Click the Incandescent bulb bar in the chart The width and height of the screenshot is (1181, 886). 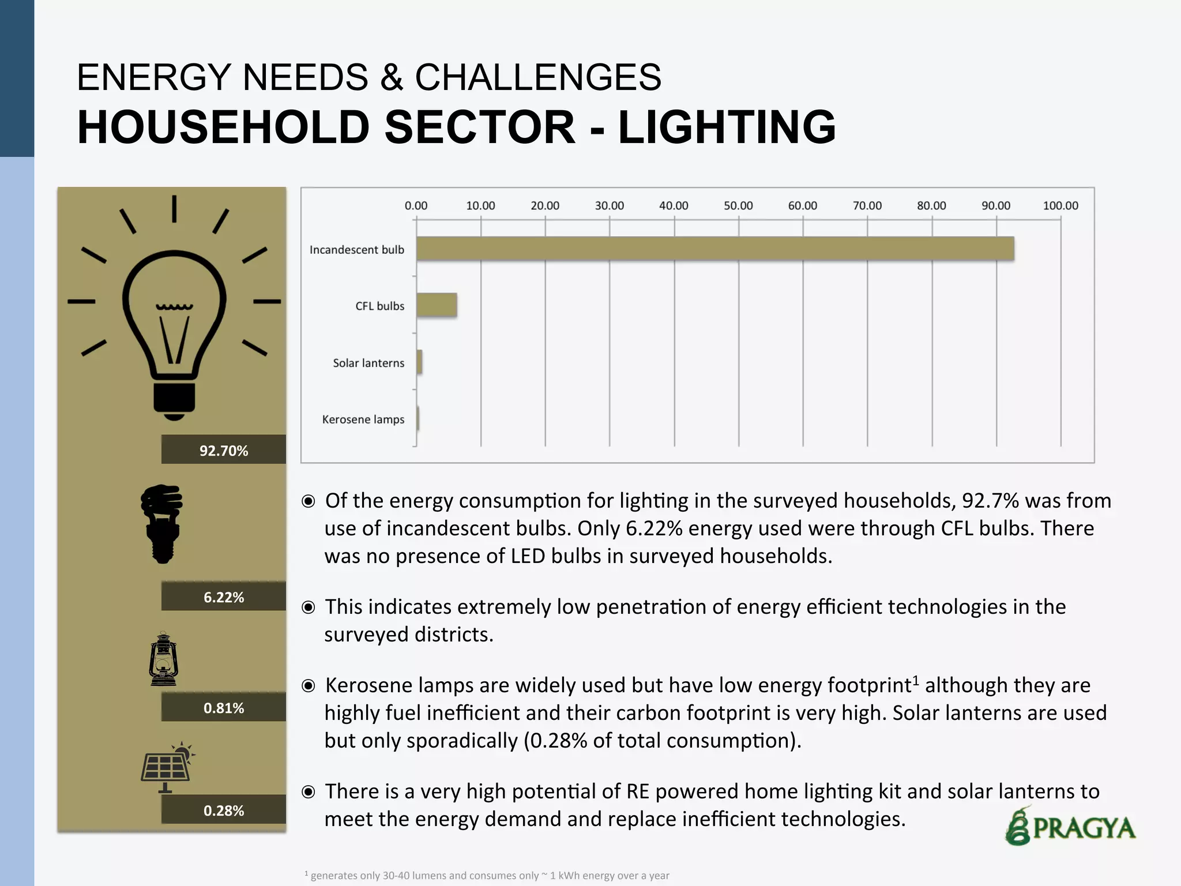point(715,249)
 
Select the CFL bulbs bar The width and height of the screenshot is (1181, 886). point(437,305)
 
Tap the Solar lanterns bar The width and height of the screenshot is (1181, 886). point(419,362)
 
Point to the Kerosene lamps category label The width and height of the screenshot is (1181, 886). point(363,419)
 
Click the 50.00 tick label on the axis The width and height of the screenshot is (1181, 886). point(738,206)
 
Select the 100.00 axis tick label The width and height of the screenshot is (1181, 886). point(1060,206)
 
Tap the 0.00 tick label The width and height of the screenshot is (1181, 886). point(416,206)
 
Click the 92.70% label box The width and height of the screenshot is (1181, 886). point(224,450)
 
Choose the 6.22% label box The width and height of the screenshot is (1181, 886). point(224,596)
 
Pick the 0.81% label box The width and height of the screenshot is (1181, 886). point(224,707)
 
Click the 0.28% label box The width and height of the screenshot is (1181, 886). point(224,810)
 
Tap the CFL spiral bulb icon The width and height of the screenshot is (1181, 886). point(163,523)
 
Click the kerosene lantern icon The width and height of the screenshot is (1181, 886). point(164,659)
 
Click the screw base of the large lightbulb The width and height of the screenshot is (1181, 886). point(174,399)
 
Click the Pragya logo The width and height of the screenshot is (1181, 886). point(1070,827)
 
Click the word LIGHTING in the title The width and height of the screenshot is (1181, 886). point(727,127)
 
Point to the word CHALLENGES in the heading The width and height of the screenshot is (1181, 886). point(537,77)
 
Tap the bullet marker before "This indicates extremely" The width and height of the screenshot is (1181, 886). point(309,607)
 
